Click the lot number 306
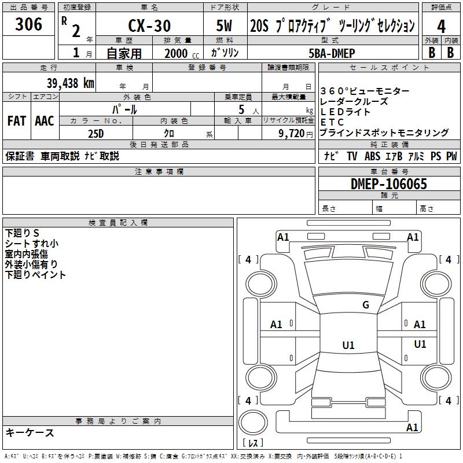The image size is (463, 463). [29, 24]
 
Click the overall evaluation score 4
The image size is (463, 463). [441, 27]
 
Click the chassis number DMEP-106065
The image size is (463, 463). [389, 185]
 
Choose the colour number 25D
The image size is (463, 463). [95, 133]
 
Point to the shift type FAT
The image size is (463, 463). [16, 121]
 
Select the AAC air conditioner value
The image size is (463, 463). [45, 121]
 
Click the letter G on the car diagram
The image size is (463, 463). [365, 305]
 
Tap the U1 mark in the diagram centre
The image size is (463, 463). [348, 346]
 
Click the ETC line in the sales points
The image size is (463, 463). [332, 123]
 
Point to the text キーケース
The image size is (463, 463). [30, 432]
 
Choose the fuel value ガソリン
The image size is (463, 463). [223, 53]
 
